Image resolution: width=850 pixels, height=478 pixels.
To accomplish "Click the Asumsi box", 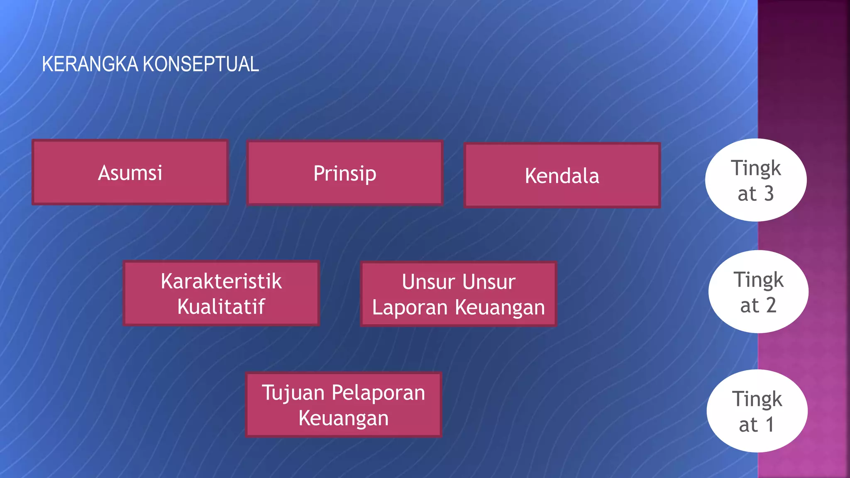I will tap(130, 172).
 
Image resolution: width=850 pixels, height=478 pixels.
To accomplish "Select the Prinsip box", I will tap(344, 173).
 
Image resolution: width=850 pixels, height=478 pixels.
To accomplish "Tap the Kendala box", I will tap(562, 175).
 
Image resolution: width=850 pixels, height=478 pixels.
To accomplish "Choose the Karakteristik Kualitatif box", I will tap(221, 293).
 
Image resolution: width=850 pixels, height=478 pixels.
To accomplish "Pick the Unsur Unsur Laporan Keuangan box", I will tap(458, 294).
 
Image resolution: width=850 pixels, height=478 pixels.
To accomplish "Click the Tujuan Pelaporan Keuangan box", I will tap(343, 405).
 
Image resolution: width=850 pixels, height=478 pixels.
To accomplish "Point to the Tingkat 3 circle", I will tap(755, 180).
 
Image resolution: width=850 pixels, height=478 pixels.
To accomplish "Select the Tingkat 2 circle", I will tap(758, 292).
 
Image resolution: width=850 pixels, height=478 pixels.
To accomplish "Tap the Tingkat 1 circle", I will tap(757, 411).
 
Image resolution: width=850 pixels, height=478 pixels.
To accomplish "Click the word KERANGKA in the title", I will tap(90, 64).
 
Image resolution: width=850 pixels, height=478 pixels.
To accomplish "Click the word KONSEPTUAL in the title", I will tap(201, 64).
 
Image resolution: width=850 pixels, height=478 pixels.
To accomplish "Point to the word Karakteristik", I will tap(221, 281).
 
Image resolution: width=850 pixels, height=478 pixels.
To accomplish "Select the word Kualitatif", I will tap(221, 307).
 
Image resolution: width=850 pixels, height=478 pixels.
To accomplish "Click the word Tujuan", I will tap(293, 393).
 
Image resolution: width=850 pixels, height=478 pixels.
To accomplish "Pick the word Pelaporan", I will tap(378, 393).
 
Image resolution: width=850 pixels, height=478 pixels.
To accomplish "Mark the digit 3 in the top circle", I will tap(769, 194).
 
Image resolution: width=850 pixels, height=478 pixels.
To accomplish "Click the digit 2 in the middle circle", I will tap(771, 305).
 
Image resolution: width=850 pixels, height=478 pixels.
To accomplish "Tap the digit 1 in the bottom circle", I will tap(769, 424).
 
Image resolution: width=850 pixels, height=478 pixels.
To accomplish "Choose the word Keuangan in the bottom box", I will tap(343, 418).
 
